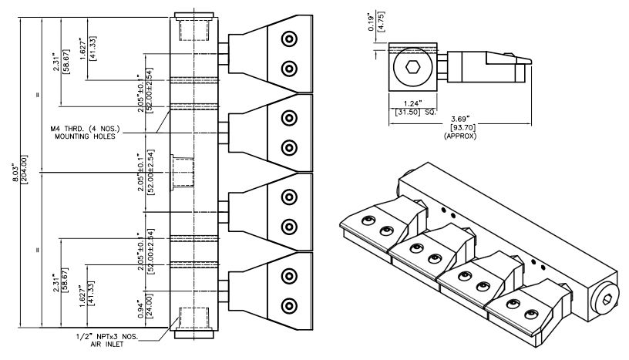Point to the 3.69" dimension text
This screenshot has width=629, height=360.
[461, 119]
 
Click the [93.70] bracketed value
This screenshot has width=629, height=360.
[461, 127]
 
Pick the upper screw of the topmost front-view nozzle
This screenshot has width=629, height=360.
[289, 39]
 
